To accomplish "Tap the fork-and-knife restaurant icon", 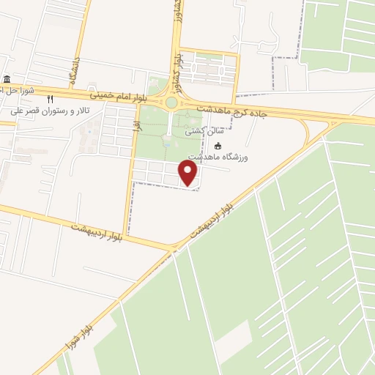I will coord(51,99).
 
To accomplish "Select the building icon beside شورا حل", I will coord(7,80).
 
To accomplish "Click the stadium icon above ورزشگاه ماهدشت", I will coord(218,145).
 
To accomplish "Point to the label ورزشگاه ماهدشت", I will coord(220,157).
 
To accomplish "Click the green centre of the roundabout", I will coord(171,103).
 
